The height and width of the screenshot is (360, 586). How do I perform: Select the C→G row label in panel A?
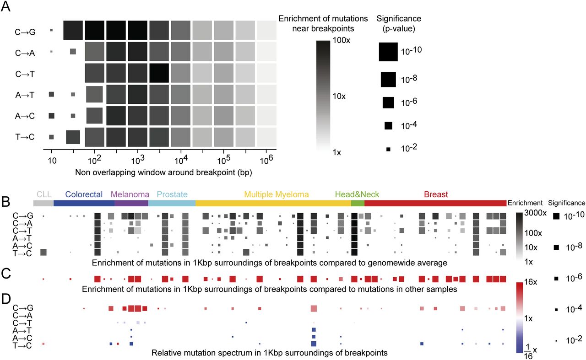[x=25, y=32]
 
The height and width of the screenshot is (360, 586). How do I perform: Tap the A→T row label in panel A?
[x=25, y=95]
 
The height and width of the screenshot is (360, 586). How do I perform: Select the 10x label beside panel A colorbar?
[x=342, y=97]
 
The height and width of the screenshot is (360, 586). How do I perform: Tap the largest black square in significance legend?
[x=388, y=51]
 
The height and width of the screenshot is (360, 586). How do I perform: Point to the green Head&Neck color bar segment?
[x=358, y=203]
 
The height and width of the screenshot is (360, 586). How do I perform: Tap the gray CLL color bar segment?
[x=43, y=203]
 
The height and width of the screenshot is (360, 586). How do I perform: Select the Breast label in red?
[x=436, y=194]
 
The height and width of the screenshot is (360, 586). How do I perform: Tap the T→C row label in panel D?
[x=22, y=344]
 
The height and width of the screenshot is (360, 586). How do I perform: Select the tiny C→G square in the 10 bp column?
[x=51, y=30]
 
